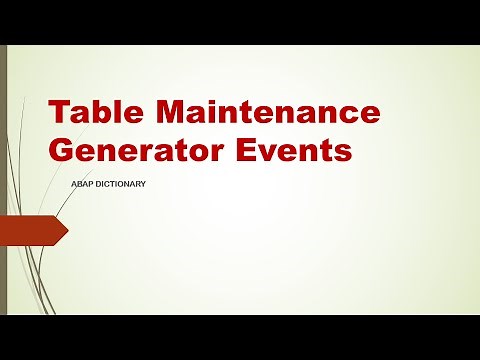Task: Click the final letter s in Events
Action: (x=344, y=152)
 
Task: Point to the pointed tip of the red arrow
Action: (x=67, y=232)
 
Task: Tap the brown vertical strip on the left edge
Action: (x=4, y=180)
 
